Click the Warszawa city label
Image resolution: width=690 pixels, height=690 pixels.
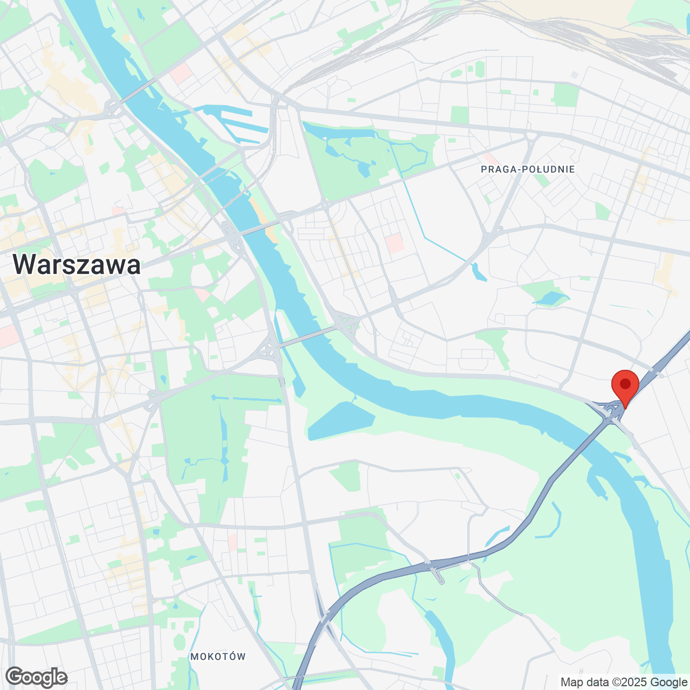click(x=77, y=265)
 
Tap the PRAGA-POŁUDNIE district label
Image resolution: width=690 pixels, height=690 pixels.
click(x=528, y=169)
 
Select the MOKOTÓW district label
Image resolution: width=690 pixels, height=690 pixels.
click(x=218, y=657)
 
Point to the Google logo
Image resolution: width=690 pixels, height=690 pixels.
click(x=37, y=677)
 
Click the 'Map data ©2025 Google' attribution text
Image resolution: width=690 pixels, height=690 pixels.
click(x=624, y=682)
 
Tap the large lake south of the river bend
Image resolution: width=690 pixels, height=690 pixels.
click(x=341, y=420)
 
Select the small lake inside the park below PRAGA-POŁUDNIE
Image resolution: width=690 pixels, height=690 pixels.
click(x=551, y=298)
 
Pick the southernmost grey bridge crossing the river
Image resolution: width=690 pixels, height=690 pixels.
click(x=306, y=336)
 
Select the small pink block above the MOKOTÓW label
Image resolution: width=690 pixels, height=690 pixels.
click(x=233, y=541)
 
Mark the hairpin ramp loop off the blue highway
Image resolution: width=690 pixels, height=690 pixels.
click(x=439, y=575)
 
